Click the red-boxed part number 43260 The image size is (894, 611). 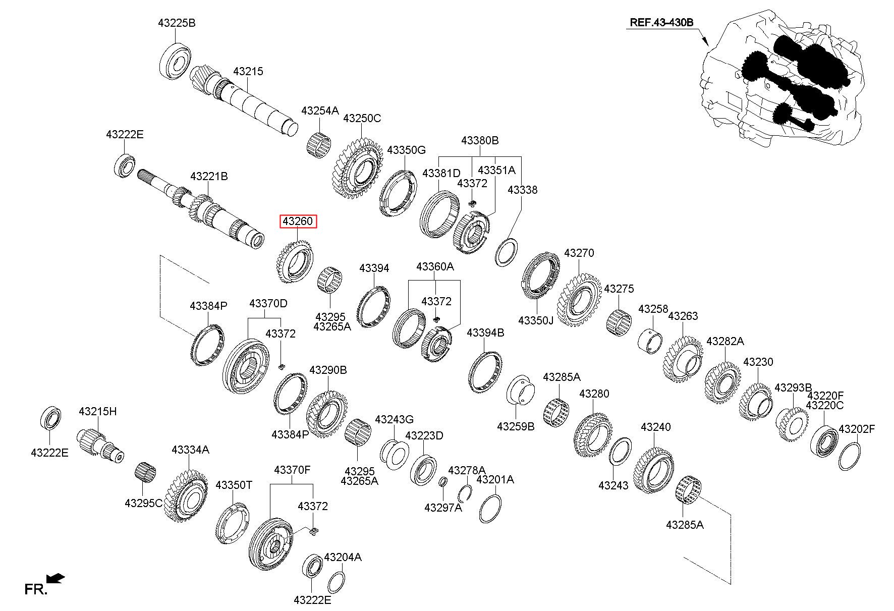click(298, 221)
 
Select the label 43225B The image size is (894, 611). click(176, 23)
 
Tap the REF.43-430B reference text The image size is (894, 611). click(661, 23)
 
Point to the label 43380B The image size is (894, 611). click(480, 140)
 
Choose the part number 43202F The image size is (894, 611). click(857, 429)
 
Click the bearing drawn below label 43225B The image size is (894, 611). click(175, 62)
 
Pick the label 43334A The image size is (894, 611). click(190, 450)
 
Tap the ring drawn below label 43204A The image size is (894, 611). click(336, 583)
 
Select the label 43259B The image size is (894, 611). click(516, 426)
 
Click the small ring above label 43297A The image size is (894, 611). click(442, 482)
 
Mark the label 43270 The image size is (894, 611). click(579, 253)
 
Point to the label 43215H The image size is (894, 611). click(97, 411)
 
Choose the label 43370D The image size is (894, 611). click(268, 303)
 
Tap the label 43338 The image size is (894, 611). click(522, 190)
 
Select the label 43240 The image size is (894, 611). click(656, 427)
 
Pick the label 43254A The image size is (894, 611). click(320, 110)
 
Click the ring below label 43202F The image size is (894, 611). click(850, 456)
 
